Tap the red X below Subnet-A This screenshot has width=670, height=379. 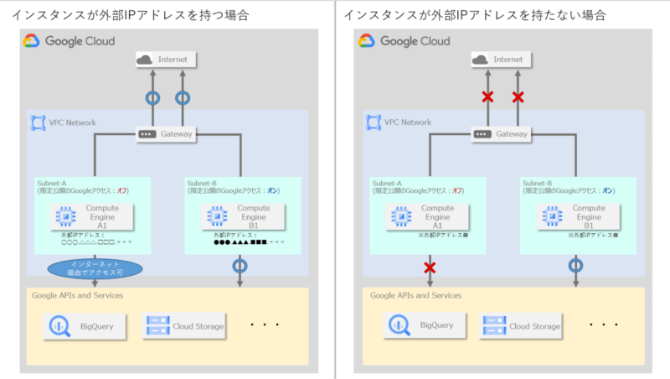tap(430, 267)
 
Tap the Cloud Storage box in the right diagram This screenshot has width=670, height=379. tap(523, 325)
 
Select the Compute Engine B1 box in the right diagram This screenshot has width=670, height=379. tap(575, 217)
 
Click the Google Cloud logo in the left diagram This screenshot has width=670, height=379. tap(32, 40)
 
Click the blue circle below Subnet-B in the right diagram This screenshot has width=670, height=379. tap(575, 266)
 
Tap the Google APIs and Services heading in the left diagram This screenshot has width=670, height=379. tap(78, 295)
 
